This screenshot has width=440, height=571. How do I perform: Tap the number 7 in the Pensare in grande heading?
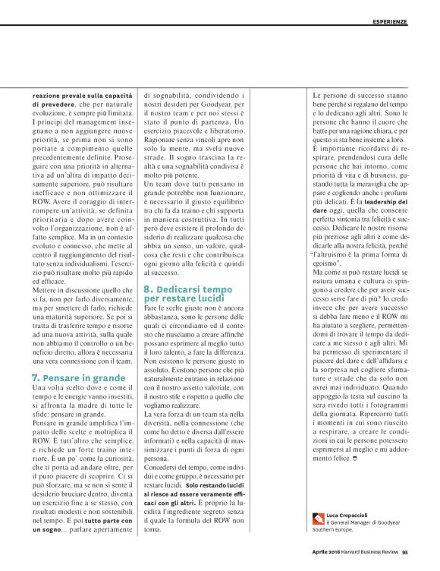tap(35, 377)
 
